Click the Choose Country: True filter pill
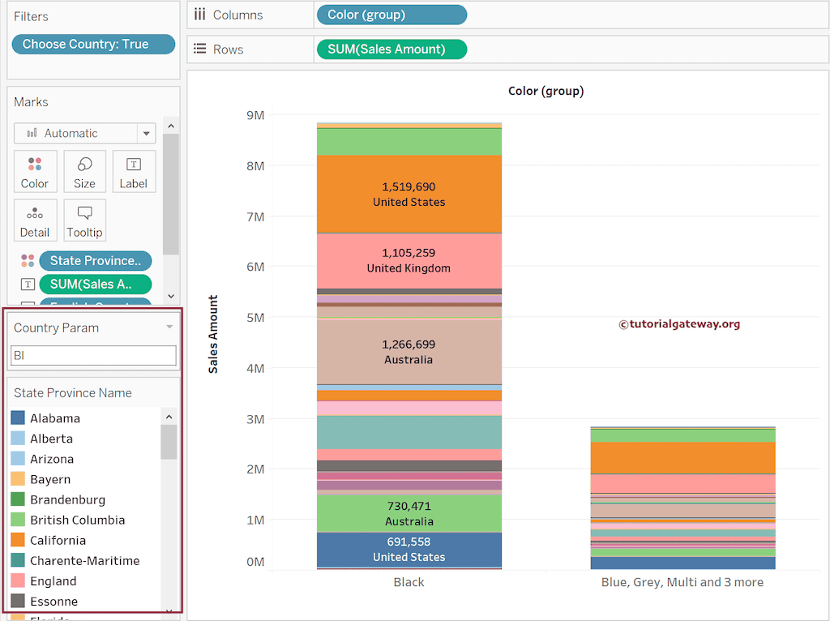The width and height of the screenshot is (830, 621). click(93, 45)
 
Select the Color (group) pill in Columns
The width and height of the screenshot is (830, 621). click(391, 15)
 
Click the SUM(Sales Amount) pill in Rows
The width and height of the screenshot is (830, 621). click(391, 49)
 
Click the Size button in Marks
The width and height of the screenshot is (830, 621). click(84, 172)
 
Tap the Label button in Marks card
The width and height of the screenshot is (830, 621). click(134, 172)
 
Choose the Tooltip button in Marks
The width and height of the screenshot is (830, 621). click(84, 221)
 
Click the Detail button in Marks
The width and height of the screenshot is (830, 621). click(35, 221)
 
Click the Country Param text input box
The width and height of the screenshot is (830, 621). click(93, 355)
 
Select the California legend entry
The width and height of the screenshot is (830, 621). click(58, 541)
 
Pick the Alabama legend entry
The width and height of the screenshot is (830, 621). click(55, 418)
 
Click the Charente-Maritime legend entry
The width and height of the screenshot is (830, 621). click(84, 561)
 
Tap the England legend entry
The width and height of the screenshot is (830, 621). click(53, 581)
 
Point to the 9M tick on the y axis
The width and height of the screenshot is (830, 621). click(255, 115)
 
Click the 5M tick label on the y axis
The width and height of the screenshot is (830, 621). click(255, 318)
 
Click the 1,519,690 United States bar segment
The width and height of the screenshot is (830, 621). click(409, 194)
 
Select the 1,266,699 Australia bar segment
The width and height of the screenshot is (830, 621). click(409, 352)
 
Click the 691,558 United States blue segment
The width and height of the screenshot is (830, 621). click(409, 550)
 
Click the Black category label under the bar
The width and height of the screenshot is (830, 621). click(409, 582)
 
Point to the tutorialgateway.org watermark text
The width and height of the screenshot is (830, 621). click(679, 324)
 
